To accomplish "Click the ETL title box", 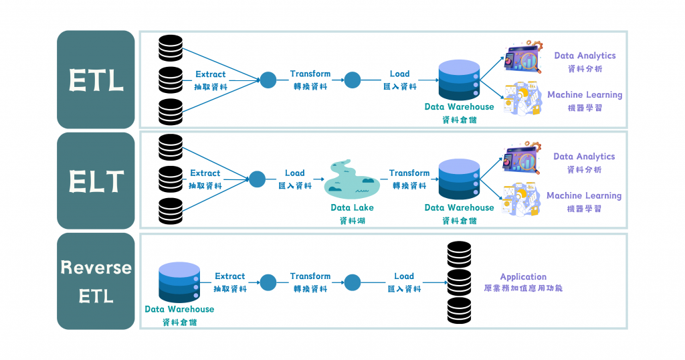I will (x=96, y=80).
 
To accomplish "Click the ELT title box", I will (x=96, y=181).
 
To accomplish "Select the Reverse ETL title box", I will (x=96, y=281).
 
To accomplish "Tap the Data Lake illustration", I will (x=352, y=180).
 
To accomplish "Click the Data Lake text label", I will (x=352, y=207).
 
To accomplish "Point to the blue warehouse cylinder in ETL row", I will (x=459, y=80).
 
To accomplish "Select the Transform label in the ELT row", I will (x=409, y=173).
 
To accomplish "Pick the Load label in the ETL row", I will (x=400, y=74).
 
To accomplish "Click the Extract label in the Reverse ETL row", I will (x=230, y=276).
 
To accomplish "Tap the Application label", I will (x=523, y=276).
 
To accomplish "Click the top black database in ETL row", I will (x=171, y=48).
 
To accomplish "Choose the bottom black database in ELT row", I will (x=171, y=211).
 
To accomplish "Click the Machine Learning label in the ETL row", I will (x=585, y=95).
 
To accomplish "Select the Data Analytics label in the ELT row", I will (x=584, y=157).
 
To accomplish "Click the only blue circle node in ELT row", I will (x=257, y=179).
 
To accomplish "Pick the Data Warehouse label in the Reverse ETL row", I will (x=179, y=309).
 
